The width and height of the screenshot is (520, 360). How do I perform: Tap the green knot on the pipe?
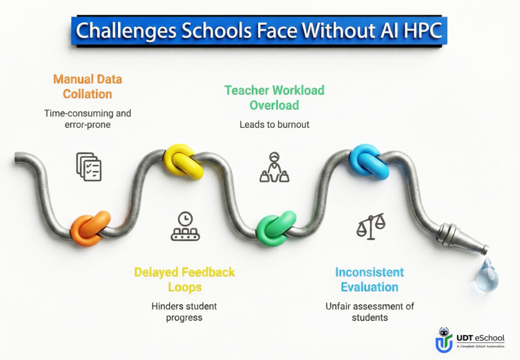pyautogui.click(x=275, y=228)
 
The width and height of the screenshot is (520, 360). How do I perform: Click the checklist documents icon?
pyautogui.click(x=89, y=167)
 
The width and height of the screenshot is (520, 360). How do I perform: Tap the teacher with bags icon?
pyautogui.click(x=274, y=167)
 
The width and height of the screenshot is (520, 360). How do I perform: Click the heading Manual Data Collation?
pyautogui.click(x=87, y=86)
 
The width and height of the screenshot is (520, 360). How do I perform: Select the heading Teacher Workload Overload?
pyautogui.click(x=274, y=97)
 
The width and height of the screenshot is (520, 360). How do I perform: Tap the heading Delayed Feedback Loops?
pyautogui.click(x=184, y=279)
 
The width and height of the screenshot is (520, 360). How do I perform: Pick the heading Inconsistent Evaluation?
pyautogui.click(x=369, y=279)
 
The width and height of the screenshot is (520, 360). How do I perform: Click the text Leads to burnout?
pyautogui.click(x=274, y=124)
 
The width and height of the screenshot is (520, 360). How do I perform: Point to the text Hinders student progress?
pyautogui.click(x=184, y=312)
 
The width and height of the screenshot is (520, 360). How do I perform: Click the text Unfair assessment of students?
pyautogui.click(x=369, y=312)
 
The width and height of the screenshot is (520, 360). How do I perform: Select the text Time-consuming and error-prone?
pyautogui.click(x=87, y=119)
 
